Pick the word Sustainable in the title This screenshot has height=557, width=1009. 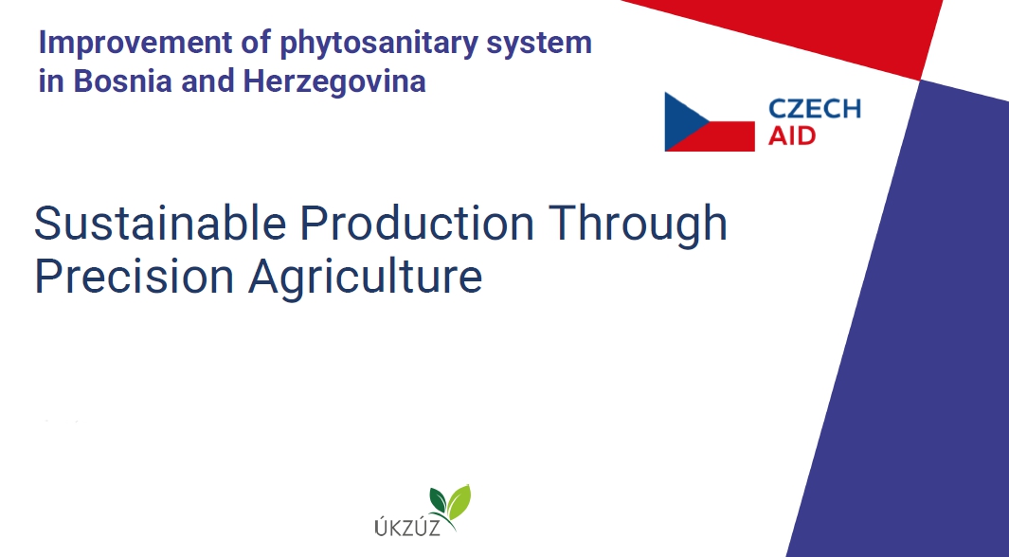click(160, 224)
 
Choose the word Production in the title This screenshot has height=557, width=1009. click(417, 224)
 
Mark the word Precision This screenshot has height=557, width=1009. click(134, 277)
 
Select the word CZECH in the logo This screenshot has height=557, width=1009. click(815, 109)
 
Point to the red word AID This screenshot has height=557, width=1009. click(792, 135)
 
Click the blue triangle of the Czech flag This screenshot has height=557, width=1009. click(681, 121)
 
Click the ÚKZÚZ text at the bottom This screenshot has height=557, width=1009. click(407, 527)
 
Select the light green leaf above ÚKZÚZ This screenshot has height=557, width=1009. click(459, 502)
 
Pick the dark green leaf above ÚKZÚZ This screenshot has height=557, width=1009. click(439, 500)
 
